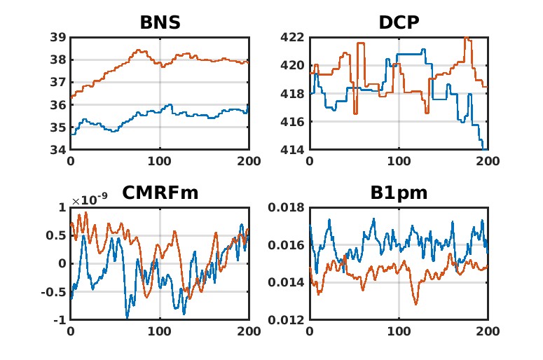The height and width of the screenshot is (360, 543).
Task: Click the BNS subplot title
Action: [x=160, y=22]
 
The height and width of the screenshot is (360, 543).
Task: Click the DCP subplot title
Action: [x=399, y=22]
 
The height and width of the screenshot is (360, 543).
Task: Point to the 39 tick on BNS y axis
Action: [x=58, y=37]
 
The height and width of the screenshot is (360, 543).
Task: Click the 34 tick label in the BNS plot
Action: [x=58, y=150]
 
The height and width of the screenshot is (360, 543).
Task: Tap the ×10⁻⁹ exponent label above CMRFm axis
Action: [x=86, y=201]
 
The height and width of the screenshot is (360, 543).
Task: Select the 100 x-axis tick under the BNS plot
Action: [x=160, y=161]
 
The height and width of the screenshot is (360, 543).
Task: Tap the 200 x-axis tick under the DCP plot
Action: [x=488, y=161]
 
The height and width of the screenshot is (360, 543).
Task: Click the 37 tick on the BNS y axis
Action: [x=58, y=83]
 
